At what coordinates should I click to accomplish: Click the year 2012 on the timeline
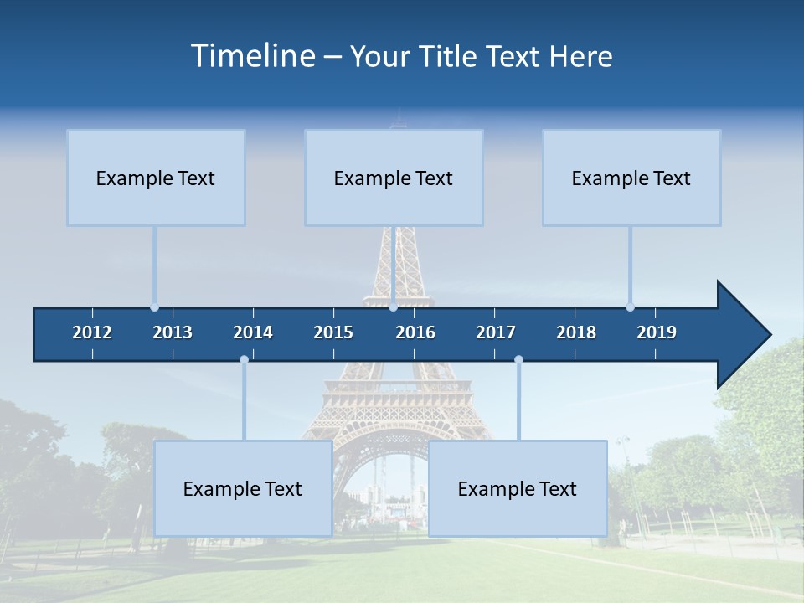pos(92,332)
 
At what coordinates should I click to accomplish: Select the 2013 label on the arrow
pos(173,332)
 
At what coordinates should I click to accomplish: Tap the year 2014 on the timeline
pos(253,332)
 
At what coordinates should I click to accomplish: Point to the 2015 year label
pos(333,332)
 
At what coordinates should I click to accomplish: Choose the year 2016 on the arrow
pos(415,332)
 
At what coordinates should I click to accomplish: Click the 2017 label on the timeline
pos(496,332)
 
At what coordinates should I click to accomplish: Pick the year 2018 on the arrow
pos(576,332)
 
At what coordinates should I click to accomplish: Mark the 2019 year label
pos(657,332)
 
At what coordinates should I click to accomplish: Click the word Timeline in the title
pos(252,56)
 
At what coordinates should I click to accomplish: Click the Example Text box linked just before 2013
pos(156,178)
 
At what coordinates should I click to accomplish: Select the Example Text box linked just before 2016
pos(394,178)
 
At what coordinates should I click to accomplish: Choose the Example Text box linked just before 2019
pos(631,178)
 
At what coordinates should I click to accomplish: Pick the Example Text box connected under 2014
pos(243,488)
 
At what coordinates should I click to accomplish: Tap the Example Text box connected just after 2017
pos(518,488)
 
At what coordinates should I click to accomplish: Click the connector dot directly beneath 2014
pos(244,359)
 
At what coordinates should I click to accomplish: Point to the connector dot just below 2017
pos(518,359)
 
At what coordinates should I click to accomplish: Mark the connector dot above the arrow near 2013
pos(155,307)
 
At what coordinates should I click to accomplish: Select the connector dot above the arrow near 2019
pos(630,307)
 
